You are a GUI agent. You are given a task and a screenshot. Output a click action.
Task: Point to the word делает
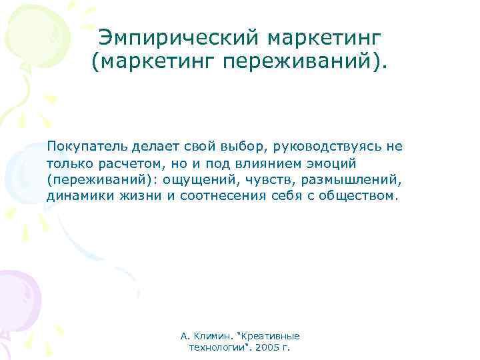pos(149,146)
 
